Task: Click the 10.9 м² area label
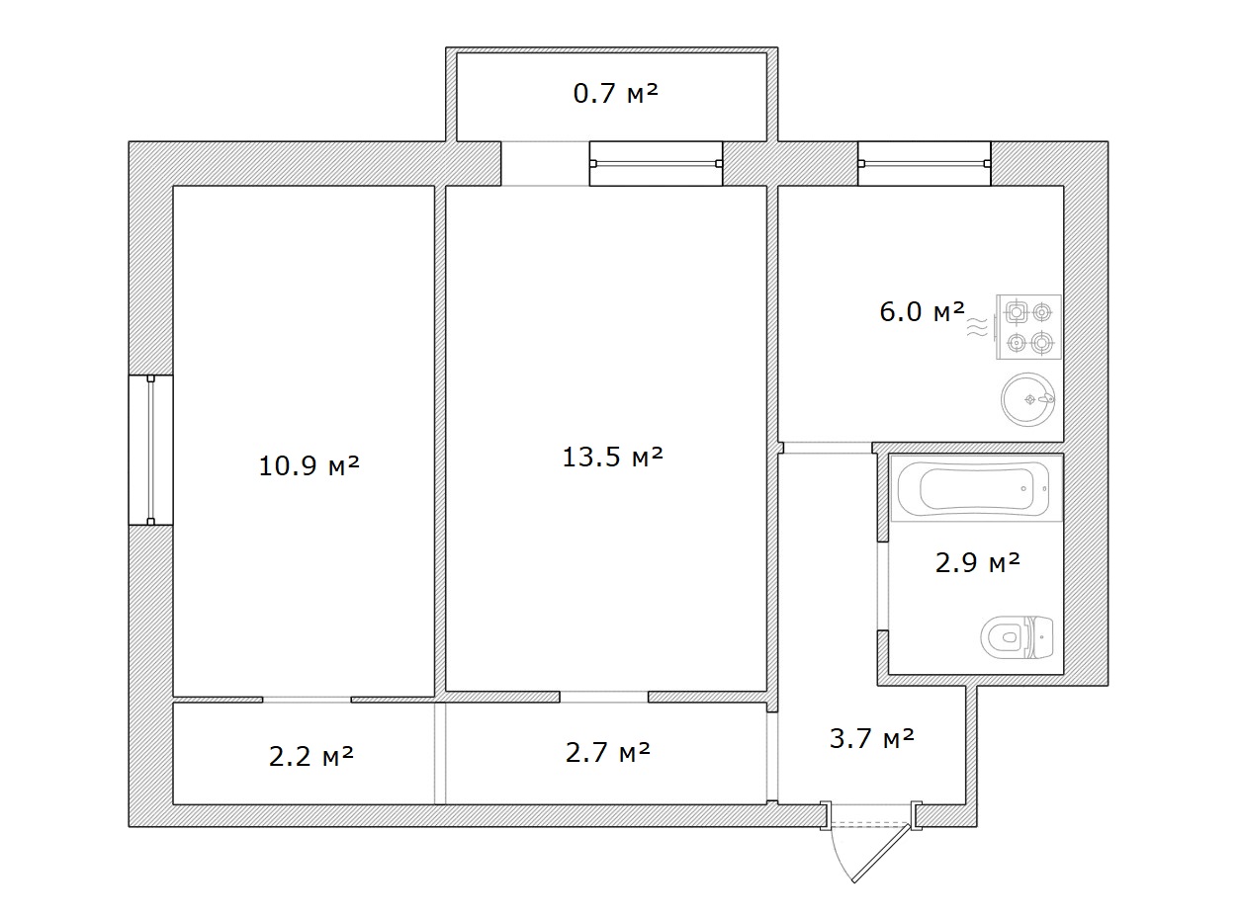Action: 309,465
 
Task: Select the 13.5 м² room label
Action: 613,457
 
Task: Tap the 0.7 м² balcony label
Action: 615,94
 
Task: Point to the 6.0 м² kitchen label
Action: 923,311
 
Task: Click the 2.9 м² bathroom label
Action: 978,562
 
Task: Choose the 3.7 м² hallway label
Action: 872,738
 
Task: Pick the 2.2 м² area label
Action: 311,757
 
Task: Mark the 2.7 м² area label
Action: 607,752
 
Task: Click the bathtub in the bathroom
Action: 976,488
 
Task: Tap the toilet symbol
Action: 1017,637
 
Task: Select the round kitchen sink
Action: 1027,399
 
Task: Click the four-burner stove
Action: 1028,327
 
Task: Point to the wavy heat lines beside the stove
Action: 977,326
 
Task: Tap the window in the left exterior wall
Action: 150,450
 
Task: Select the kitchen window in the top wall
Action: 925,163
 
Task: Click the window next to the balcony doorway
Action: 656,163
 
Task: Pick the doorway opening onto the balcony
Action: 545,163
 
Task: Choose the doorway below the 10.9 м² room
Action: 307,700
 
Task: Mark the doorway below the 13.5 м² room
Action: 604,697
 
